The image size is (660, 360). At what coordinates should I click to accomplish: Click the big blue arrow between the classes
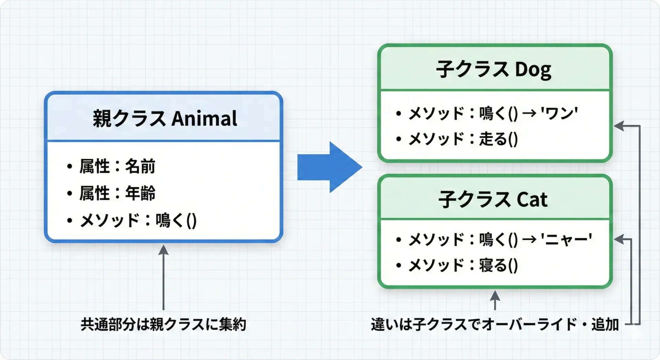[x=329, y=167]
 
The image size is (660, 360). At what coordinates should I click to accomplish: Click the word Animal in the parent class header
[x=204, y=119]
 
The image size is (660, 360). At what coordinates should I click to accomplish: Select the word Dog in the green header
[x=533, y=70]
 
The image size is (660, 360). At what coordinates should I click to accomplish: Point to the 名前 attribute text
[x=140, y=166]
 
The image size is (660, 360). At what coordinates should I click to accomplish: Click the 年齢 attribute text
[x=140, y=193]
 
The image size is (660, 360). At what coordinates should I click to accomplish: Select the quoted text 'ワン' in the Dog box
[x=559, y=113]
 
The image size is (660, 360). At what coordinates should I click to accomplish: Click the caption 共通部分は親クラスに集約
[x=164, y=324]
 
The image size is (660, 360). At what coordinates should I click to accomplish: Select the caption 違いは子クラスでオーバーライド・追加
[x=495, y=324]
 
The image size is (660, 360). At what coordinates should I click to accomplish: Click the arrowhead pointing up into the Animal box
[x=163, y=250]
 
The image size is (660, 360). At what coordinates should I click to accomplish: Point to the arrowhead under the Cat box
[x=495, y=295]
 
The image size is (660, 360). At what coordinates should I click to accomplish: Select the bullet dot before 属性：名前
[x=70, y=167]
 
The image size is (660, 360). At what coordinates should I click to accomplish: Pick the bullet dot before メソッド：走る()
[x=399, y=139]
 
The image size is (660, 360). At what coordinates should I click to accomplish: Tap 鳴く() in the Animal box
[x=176, y=220]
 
